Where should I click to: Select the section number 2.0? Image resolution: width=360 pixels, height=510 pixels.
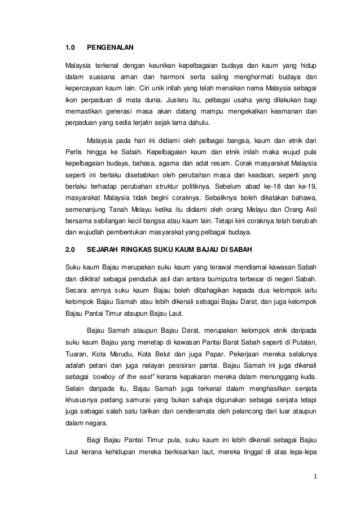pyautogui.click(x=71, y=250)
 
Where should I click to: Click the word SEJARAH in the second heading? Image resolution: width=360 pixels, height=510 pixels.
pyautogui.click(x=107, y=250)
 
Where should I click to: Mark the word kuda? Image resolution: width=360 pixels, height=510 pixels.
pyautogui.click(x=308, y=384)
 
